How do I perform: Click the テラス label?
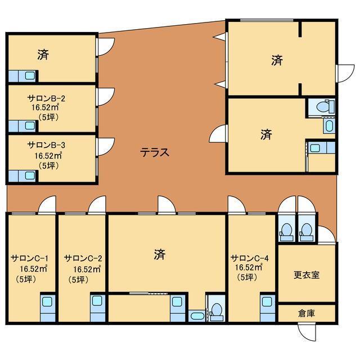tap(155, 152)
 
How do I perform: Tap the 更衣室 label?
tap(307, 275)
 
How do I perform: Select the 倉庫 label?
tap(307, 313)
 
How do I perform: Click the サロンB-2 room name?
tap(46, 98)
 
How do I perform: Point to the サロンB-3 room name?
tap(46, 145)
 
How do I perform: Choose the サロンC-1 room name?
tap(30, 258)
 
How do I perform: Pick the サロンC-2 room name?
tap(83, 258)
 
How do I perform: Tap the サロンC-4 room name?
tap(250, 258)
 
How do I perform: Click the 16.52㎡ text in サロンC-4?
tap(249, 268)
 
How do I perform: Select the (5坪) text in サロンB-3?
tap(48, 165)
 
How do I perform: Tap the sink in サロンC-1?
tap(48, 301)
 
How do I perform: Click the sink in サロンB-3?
tap(30, 176)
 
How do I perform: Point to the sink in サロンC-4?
tap(267, 301)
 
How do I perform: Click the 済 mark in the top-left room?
tap(43, 55)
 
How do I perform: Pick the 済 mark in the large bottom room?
tap(160, 254)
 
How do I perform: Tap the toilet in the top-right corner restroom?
tap(325, 106)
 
